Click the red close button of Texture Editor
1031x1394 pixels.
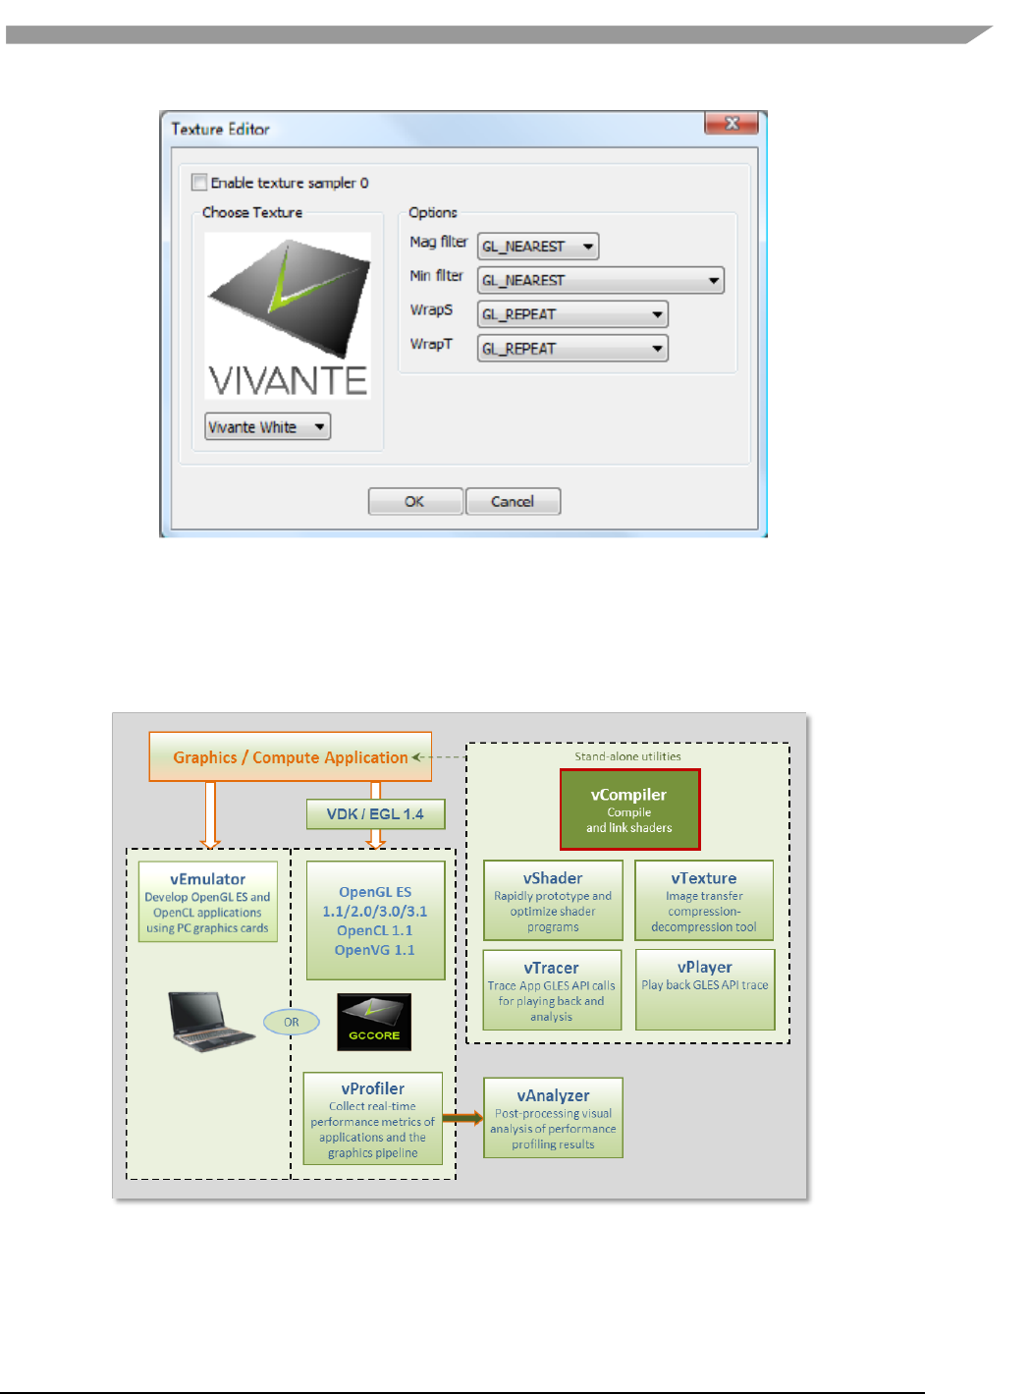731,124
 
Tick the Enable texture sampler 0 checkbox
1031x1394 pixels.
199,183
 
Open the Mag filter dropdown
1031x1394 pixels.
537,247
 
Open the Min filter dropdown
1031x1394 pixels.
600,281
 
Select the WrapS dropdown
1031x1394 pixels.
571,314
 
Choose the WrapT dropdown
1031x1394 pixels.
571,349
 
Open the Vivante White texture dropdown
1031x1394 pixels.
267,427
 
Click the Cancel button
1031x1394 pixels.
513,502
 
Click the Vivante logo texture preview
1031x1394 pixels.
288,314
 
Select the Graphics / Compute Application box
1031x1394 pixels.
290,757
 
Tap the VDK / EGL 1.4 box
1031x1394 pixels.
375,814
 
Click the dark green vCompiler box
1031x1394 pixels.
629,809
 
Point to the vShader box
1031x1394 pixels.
553,901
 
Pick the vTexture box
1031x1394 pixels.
704,901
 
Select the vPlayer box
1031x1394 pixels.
705,989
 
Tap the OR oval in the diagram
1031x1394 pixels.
292,1023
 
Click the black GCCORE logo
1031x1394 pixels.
374,1022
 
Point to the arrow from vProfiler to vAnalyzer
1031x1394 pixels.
462,1118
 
